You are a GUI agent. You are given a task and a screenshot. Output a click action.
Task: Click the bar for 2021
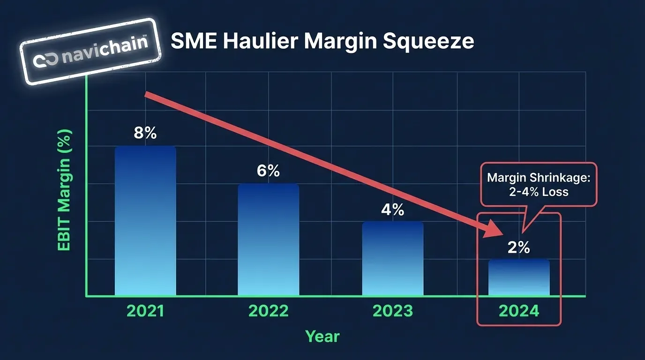145,220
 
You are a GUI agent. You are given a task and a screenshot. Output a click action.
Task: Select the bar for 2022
268,239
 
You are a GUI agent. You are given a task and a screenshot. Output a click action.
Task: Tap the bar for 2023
392,258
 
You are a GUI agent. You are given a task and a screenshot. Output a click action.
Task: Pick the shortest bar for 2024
519,277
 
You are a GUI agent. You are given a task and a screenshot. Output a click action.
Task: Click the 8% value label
145,133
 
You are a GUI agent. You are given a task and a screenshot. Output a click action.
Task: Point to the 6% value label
268,171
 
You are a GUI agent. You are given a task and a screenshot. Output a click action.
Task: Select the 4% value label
392,209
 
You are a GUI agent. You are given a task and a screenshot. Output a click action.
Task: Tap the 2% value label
519,247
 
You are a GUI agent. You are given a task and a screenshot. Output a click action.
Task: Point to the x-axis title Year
322,336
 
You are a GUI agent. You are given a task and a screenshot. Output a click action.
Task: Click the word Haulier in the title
261,41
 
